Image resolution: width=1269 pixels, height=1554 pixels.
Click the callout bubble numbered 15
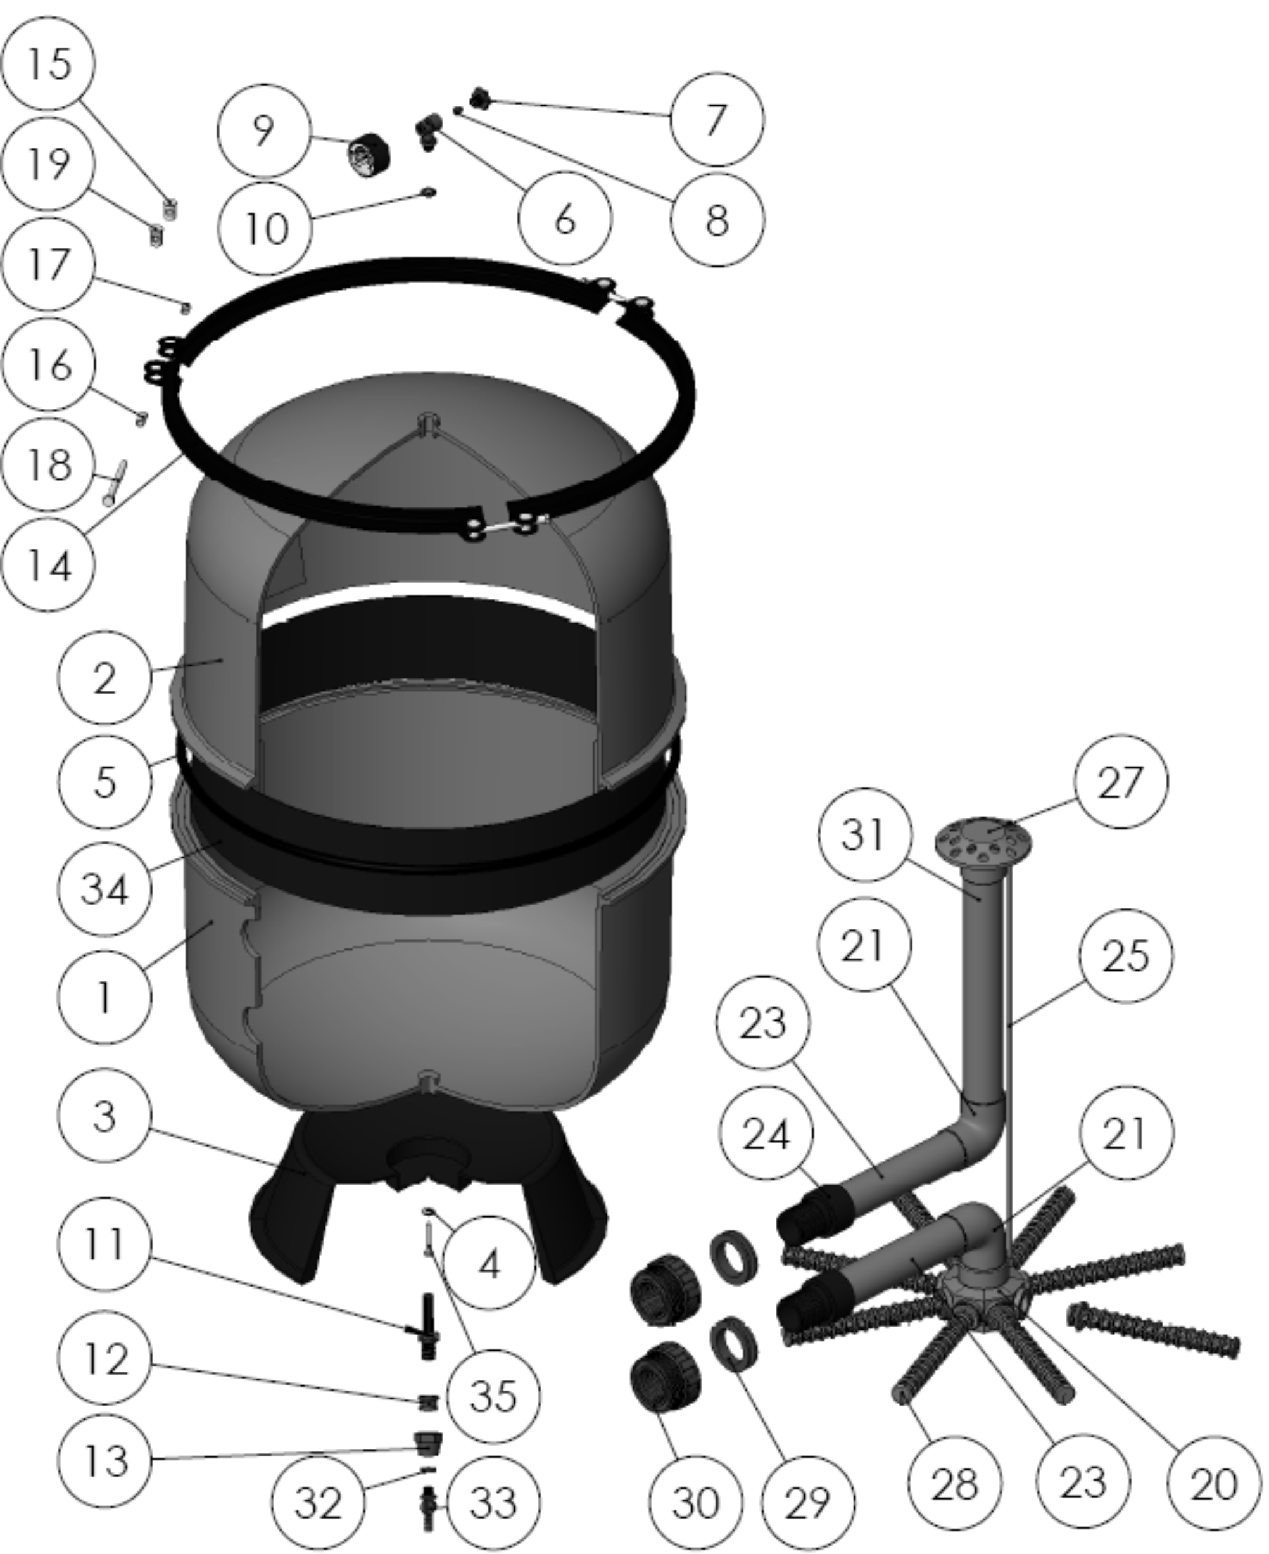point(48,63)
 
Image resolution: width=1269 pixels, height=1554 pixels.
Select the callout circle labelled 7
point(717,119)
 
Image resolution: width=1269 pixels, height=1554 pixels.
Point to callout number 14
point(48,564)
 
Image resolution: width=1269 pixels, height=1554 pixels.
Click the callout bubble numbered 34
point(104,889)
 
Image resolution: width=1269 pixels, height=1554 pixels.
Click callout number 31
point(865,834)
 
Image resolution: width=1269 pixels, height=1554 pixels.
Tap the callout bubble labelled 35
point(493,1396)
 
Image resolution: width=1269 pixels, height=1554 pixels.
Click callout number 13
point(104,1460)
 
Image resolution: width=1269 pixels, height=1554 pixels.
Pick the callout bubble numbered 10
point(265,229)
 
